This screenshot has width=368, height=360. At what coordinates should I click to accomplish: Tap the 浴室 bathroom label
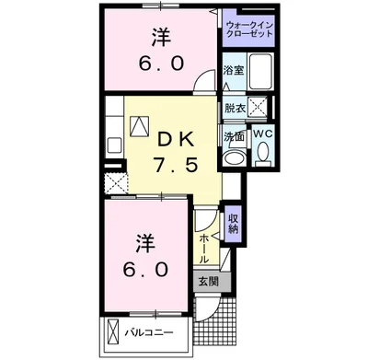tap(233, 70)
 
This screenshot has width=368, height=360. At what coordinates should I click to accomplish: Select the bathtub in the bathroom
tap(261, 72)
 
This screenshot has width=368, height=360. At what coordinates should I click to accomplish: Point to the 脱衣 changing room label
tap(234, 108)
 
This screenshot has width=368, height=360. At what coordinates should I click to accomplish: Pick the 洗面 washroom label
tap(233, 136)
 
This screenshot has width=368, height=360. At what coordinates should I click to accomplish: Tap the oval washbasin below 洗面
tap(234, 157)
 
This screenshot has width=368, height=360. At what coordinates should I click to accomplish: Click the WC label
tap(261, 132)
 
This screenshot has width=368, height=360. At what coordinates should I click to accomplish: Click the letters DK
tap(176, 139)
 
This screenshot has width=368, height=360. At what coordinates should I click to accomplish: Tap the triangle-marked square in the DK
tap(142, 126)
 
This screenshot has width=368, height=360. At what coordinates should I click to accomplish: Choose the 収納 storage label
tap(234, 223)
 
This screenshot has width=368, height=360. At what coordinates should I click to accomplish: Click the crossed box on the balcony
tap(112, 331)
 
